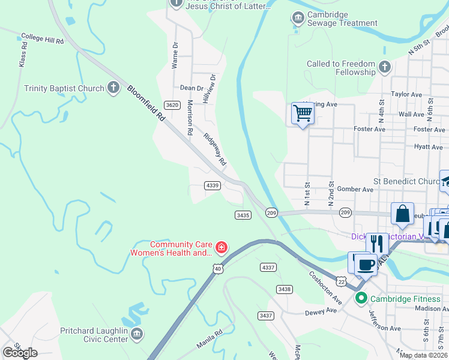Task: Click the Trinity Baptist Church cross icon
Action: tap(113, 88)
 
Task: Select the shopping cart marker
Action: tap(303, 113)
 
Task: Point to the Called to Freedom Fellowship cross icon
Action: tap(385, 66)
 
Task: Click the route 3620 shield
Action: tap(172, 105)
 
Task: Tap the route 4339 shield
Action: tap(212, 185)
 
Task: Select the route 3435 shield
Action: tap(243, 215)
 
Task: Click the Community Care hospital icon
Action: tap(221, 247)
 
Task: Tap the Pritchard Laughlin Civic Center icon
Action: tap(137, 334)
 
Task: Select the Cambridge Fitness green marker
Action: tap(361, 298)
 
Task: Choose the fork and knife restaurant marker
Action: tap(376, 244)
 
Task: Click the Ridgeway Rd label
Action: tap(214, 149)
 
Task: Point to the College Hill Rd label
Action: tap(42, 39)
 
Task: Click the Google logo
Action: tap(20, 353)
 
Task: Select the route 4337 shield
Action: tap(268, 266)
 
